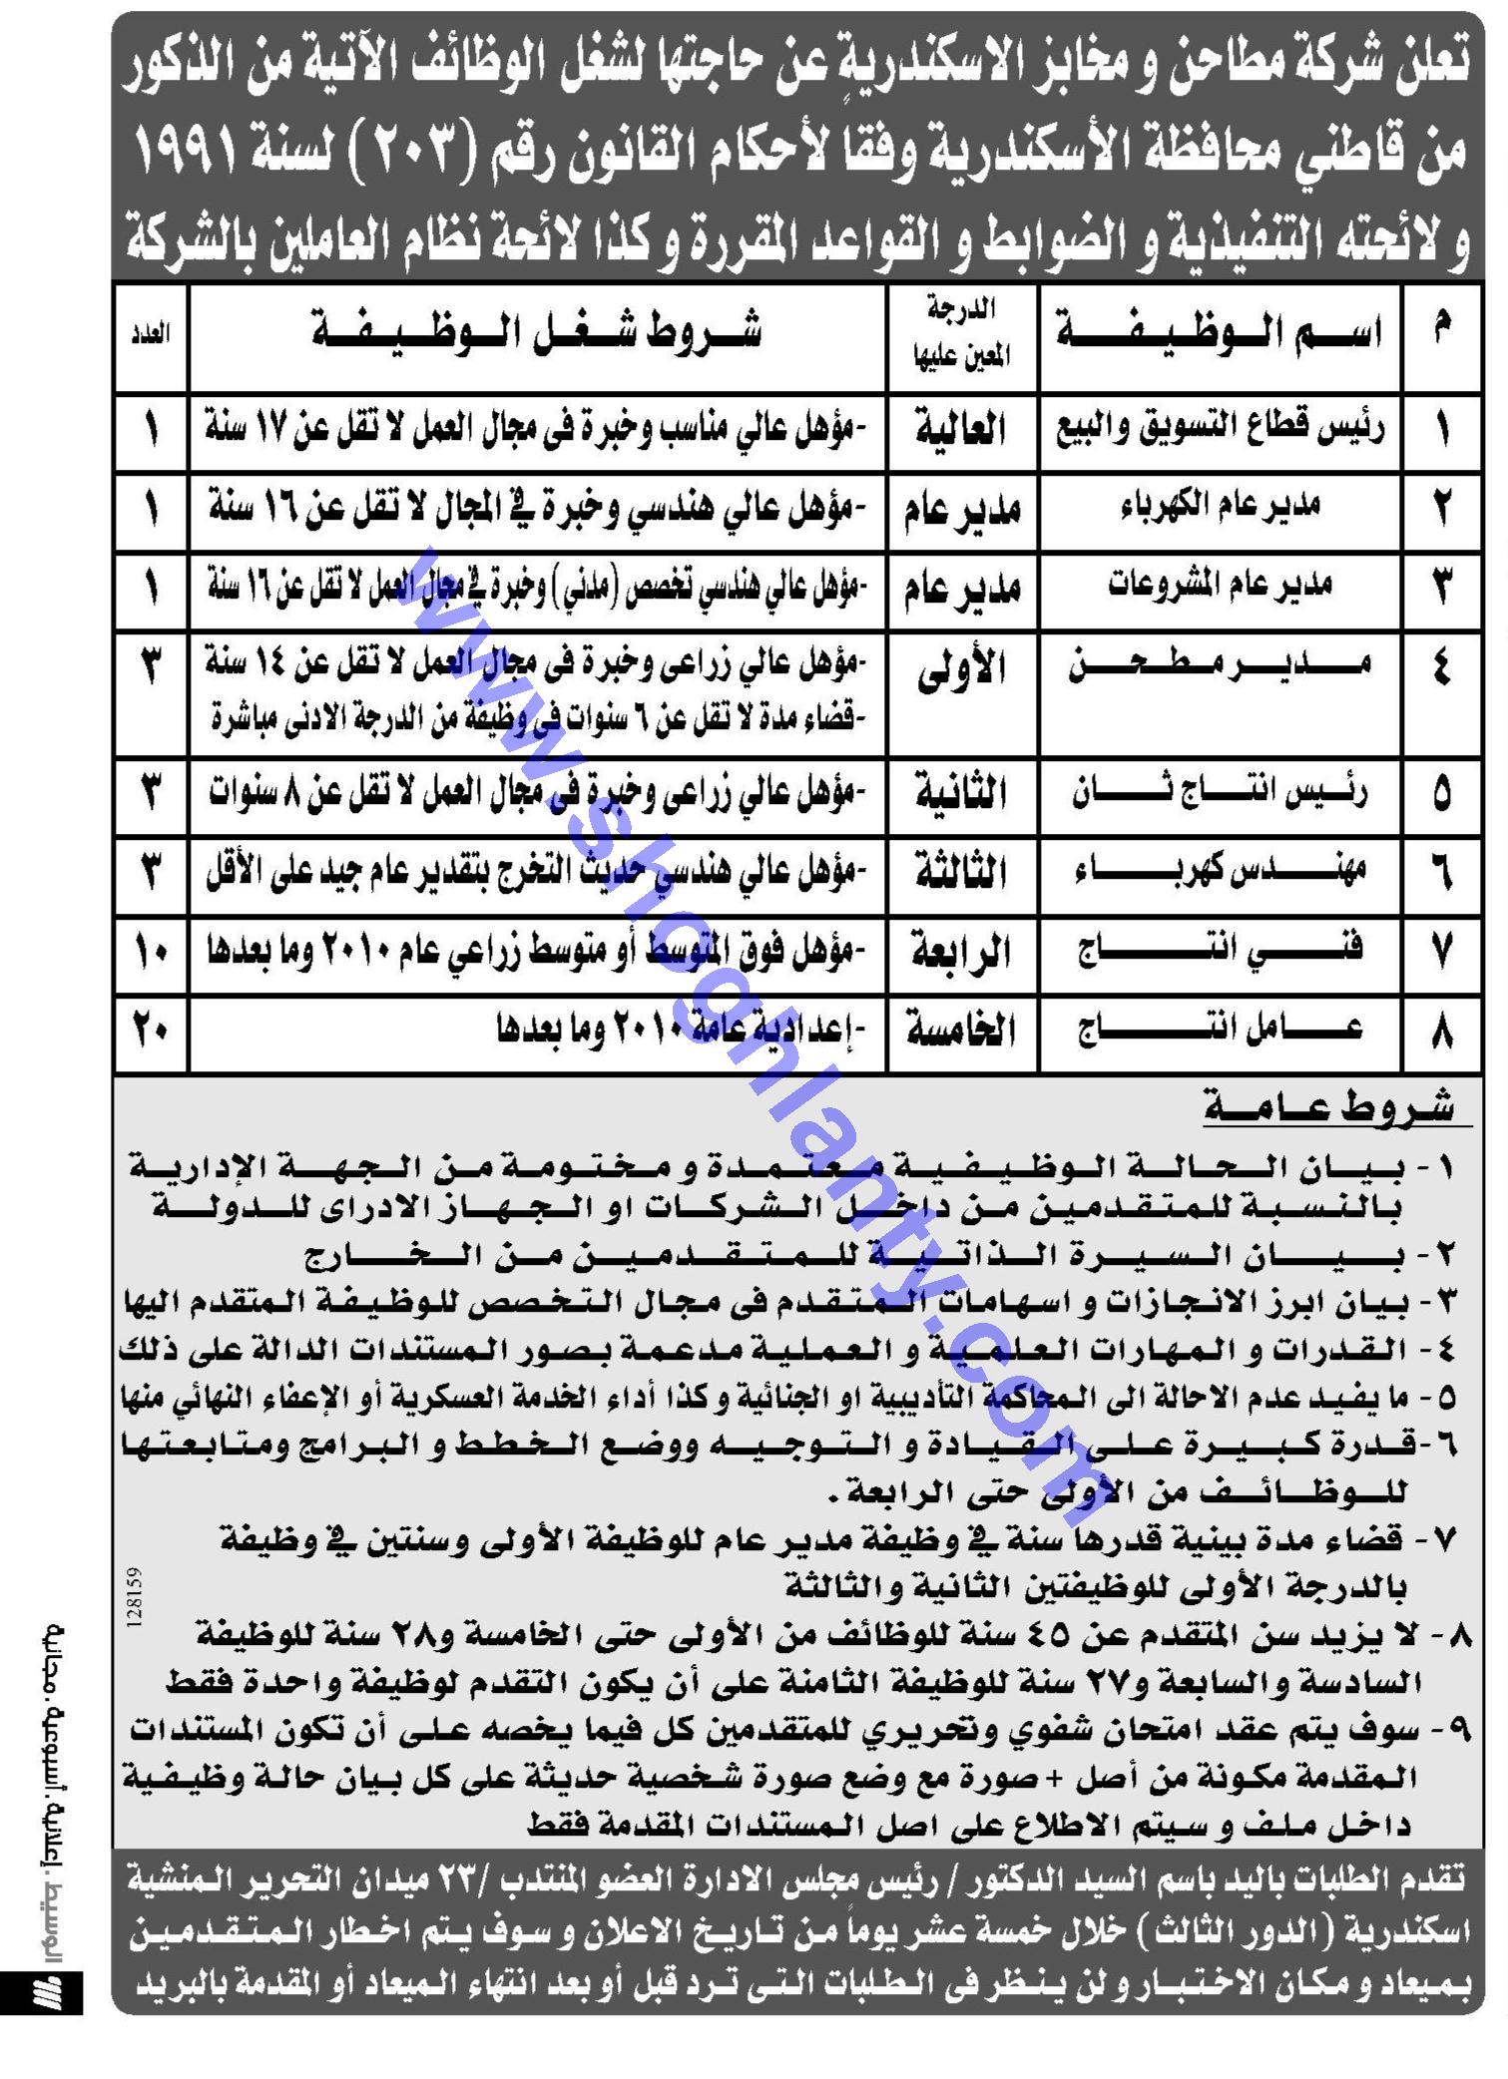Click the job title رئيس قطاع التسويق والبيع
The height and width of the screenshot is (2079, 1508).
point(1220,430)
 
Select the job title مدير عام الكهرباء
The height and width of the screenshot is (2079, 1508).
point(1220,506)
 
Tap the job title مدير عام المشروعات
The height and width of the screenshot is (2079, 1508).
point(1220,586)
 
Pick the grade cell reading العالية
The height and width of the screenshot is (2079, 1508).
point(961,430)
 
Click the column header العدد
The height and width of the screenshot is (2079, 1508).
point(151,335)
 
